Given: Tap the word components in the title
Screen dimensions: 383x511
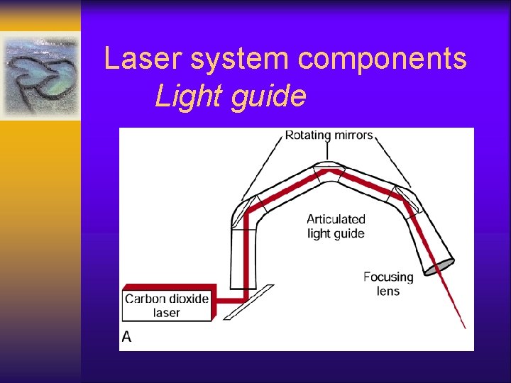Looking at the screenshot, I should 383,60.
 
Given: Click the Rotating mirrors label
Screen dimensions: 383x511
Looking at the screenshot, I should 329,135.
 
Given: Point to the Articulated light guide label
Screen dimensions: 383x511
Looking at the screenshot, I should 336,226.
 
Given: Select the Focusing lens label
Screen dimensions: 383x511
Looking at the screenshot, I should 388,284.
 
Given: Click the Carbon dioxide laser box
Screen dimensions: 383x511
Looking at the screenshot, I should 167,306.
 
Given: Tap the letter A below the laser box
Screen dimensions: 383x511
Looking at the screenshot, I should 126,337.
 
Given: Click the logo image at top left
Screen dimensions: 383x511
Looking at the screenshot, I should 40,74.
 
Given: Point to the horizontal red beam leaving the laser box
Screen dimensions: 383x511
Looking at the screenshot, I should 227,300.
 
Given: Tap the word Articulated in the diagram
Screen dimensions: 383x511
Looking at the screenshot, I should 336,219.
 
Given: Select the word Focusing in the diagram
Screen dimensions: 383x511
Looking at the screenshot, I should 388,277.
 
